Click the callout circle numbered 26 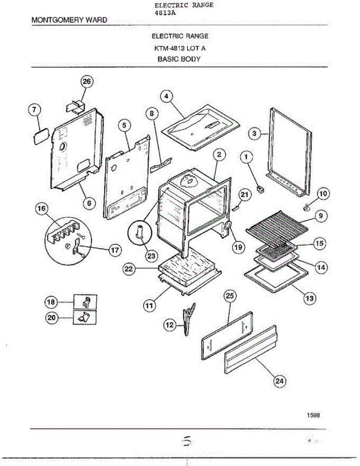click(x=87, y=82)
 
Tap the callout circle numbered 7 click(x=34, y=110)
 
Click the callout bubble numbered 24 click(x=279, y=381)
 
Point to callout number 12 click(x=169, y=325)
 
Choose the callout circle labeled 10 click(x=323, y=193)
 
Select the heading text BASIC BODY click(x=179, y=59)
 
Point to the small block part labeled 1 click(x=261, y=189)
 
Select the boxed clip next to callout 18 click(x=85, y=301)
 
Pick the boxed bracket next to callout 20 click(x=85, y=318)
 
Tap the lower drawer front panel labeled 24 click(x=250, y=349)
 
